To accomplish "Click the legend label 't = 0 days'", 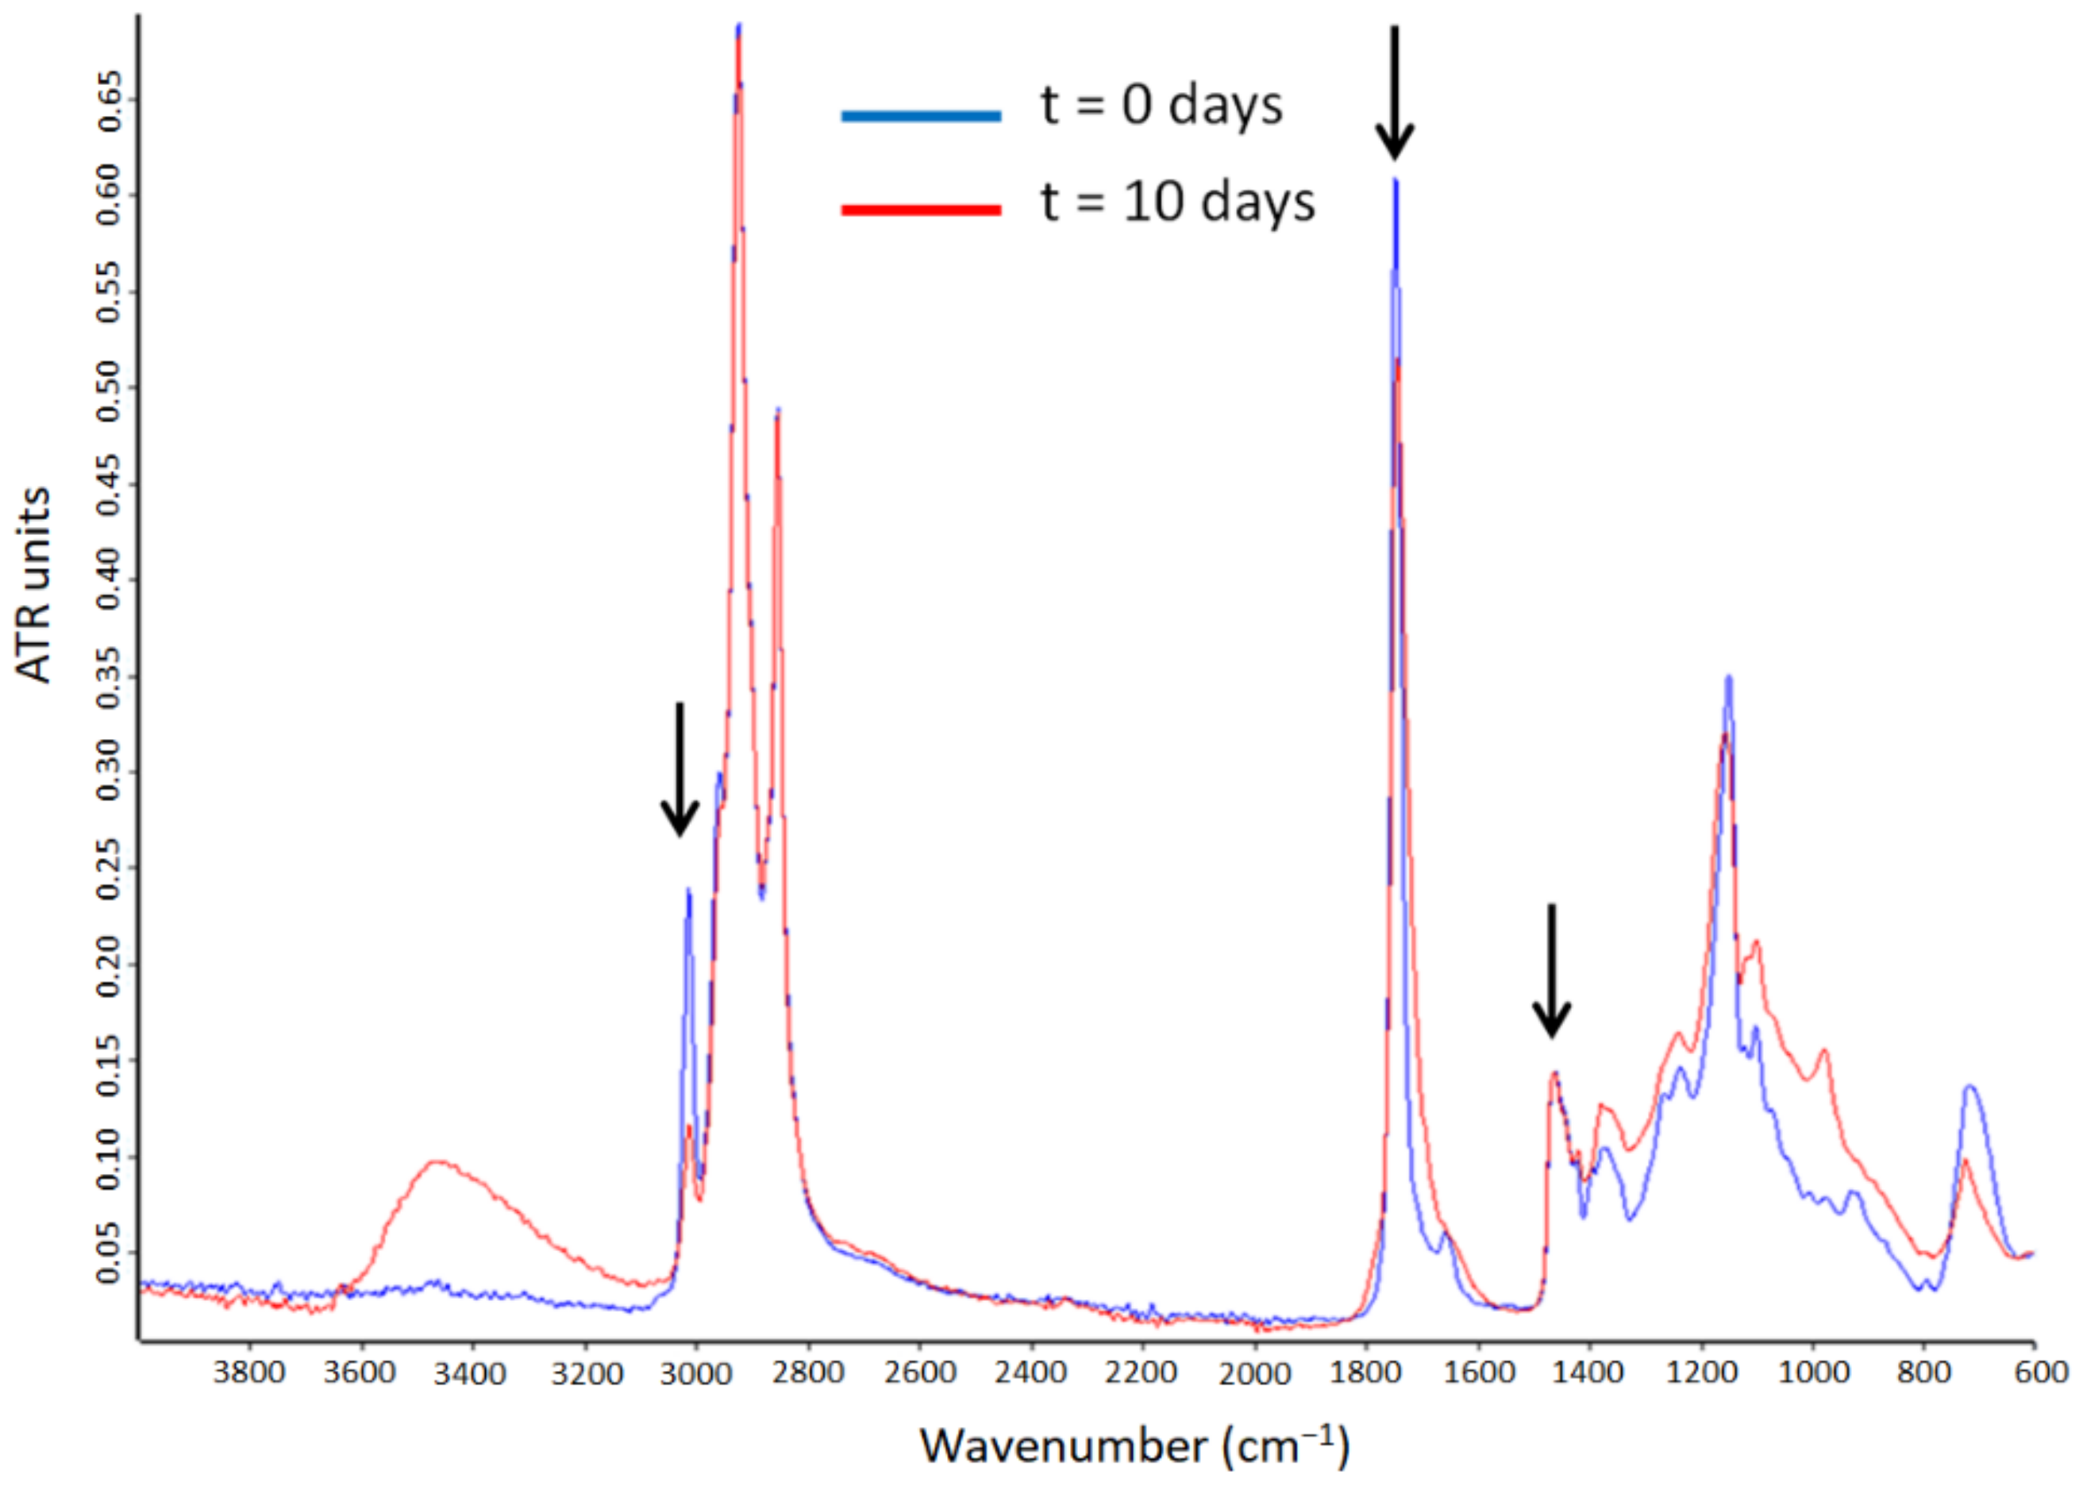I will coord(1161,106).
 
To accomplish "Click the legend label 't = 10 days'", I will coord(1176,203).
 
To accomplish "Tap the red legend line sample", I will coord(921,210).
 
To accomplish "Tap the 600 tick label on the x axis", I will coord(2041,1372).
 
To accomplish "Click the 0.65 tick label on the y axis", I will coord(109,98).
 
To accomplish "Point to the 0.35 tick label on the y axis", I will coord(109,676).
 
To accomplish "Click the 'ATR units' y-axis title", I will coord(34,586).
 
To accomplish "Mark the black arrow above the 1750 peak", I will coord(1395,91).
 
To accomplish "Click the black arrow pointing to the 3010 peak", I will coord(679,768).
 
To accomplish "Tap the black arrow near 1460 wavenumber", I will coord(1551,970).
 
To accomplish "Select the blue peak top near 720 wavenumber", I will coord(1969,1086).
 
